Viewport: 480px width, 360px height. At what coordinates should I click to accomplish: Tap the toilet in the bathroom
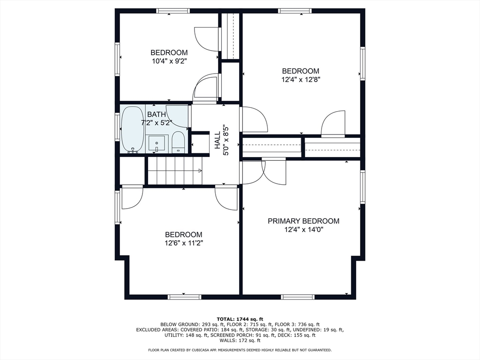click(x=178, y=142)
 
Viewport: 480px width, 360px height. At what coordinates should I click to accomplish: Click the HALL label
click(x=217, y=140)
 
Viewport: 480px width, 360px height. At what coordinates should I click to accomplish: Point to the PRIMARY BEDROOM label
click(x=303, y=221)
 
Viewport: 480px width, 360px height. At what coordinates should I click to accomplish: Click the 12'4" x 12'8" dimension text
click(x=300, y=80)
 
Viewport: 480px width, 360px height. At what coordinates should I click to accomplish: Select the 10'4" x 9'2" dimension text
click(x=169, y=61)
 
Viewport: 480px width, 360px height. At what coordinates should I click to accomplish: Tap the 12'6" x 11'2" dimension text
click(x=184, y=243)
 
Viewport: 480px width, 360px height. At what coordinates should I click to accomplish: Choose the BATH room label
click(x=157, y=114)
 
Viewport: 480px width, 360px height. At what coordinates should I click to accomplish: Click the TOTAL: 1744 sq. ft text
click(x=240, y=319)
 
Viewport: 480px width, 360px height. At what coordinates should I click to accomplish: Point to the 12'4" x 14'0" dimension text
click(x=304, y=230)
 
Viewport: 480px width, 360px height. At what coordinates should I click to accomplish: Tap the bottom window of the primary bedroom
click(x=298, y=297)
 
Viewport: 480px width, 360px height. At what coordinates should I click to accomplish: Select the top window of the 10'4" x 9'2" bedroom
click(x=172, y=11)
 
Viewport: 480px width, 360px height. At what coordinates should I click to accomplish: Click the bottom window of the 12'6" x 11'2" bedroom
click(x=184, y=297)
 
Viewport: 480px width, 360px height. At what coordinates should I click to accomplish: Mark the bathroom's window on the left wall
click(x=117, y=127)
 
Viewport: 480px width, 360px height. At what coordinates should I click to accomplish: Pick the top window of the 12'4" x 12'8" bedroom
click(x=295, y=11)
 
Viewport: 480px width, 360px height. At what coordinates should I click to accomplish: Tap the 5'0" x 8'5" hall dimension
click(x=226, y=140)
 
